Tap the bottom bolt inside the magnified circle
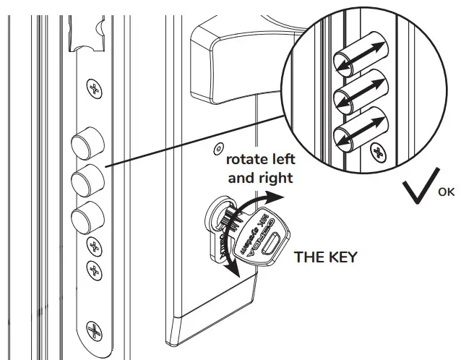coord(361,131)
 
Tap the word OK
coord(447,193)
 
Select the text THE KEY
coord(325,257)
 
